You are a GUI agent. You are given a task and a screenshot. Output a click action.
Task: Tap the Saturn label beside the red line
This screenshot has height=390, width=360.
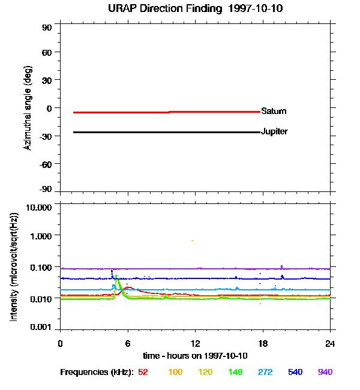pos(274,112)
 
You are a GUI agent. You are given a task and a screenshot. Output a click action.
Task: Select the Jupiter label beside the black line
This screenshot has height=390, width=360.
pos(274,131)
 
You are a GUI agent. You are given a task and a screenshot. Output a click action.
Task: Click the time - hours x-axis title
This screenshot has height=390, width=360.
pos(195,356)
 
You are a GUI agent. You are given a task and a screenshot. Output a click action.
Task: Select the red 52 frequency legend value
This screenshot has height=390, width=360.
pos(143,373)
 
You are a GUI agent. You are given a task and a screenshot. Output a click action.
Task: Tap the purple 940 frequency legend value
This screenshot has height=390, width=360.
pos(325,373)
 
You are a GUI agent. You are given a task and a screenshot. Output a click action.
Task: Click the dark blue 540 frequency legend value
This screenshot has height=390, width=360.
pos(295,373)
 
